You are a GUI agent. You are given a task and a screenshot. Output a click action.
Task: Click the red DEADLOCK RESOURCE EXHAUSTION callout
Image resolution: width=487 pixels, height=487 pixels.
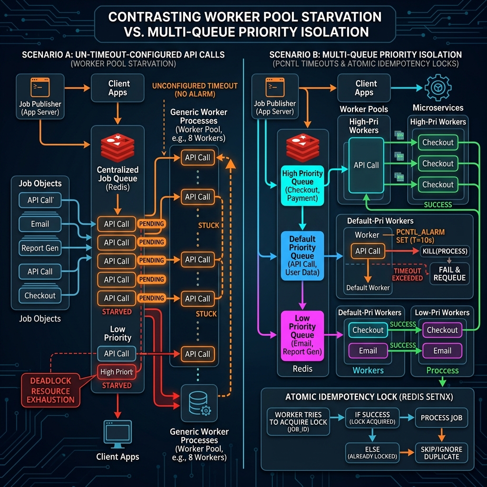pyautogui.click(x=50, y=390)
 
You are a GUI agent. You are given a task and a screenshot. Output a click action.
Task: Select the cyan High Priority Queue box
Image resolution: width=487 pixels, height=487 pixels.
pyautogui.click(x=302, y=185)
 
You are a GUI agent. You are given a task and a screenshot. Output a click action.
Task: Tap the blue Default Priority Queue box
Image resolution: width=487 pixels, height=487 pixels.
pyautogui.click(x=302, y=255)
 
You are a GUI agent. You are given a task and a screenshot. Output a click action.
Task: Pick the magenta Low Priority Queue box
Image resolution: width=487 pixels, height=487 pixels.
pyautogui.click(x=302, y=335)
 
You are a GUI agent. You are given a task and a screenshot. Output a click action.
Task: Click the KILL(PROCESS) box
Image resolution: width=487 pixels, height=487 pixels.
pyautogui.click(x=445, y=251)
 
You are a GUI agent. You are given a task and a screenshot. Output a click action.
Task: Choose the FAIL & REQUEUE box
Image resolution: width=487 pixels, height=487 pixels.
pyautogui.click(x=449, y=273)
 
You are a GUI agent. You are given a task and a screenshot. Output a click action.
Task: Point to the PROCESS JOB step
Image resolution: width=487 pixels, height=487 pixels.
pyautogui.click(x=441, y=418)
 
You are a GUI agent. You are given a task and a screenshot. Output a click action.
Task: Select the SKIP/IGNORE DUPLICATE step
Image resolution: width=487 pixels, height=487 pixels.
pyautogui.click(x=441, y=453)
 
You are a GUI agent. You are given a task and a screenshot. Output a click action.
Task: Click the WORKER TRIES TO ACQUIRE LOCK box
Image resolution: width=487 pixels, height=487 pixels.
pyautogui.click(x=298, y=421)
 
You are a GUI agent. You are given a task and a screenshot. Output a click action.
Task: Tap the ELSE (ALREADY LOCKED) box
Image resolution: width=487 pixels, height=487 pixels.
pyautogui.click(x=372, y=453)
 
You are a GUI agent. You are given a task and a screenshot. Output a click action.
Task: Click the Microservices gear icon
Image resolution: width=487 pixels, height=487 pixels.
pyautogui.click(x=438, y=88)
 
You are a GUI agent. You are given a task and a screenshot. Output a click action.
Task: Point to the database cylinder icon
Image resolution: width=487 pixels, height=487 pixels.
pyautogui.click(x=199, y=403)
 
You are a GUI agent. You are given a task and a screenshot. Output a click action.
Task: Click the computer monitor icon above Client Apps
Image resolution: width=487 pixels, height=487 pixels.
pyautogui.click(x=117, y=434)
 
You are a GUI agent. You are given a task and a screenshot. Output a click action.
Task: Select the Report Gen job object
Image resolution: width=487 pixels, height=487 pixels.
pyautogui.click(x=40, y=248)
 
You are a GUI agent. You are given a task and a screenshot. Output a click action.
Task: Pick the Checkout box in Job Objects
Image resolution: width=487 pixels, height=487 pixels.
pyautogui.click(x=40, y=295)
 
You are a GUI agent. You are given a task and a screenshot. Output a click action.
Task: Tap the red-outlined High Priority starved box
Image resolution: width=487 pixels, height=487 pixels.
pyautogui.click(x=117, y=372)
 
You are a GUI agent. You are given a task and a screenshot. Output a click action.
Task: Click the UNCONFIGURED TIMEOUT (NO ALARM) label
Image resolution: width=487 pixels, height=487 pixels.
pyautogui.click(x=195, y=90)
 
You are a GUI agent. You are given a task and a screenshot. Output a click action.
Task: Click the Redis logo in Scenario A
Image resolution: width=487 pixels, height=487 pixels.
pyautogui.click(x=117, y=148)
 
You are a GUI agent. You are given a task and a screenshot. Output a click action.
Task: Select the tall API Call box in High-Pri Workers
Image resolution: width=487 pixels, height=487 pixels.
pyautogui.click(x=366, y=165)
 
